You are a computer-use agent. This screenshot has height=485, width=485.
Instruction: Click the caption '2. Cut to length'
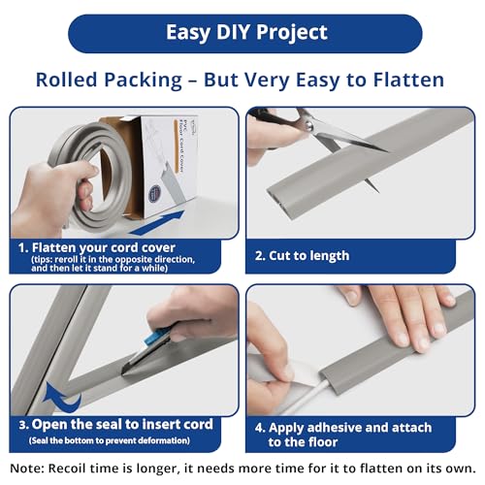pyautogui.click(x=302, y=255)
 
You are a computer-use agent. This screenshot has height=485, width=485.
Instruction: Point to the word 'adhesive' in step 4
pyautogui.click(x=344, y=424)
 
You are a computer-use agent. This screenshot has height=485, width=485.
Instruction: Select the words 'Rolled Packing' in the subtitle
pyautogui.click(x=98, y=81)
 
